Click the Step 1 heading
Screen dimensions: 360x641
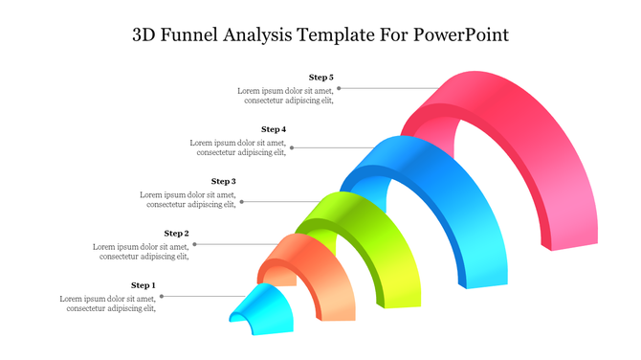tap(143, 285)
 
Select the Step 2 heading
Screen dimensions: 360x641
tap(176, 233)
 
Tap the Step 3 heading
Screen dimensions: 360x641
tap(223, 181)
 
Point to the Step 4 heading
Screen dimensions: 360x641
tap(274, 128)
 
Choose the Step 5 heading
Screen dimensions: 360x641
tap(320, 77)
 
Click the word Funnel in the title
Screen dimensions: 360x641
tap(191, 35)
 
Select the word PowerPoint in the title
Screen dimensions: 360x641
tap(461, 35)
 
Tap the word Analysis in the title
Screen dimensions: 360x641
tap(266, 35)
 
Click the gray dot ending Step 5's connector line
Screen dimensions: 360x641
tap(339, 88)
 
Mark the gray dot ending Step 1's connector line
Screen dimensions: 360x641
tap(162, 297)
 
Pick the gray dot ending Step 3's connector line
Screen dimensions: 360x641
tap(242, 202)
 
